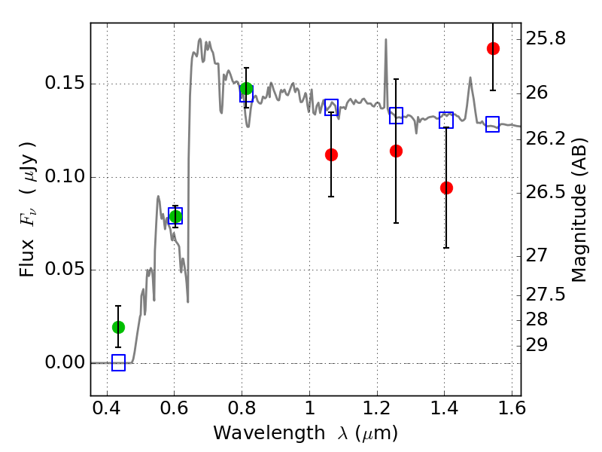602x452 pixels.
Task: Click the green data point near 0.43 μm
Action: [x=118, y=327]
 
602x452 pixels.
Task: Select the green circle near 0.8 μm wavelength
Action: [x=246, y=88]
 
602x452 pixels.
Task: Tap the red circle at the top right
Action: [x=493, y=48]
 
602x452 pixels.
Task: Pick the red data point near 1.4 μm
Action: [x=446, y=188]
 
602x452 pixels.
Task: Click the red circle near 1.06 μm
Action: [x=331, y=155]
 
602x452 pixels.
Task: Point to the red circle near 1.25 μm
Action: [x=397, y=151]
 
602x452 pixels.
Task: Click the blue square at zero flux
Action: [x=118, y=363]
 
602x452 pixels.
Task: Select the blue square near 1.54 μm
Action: [x=492, y=124]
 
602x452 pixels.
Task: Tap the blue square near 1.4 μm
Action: [x=446, y=121]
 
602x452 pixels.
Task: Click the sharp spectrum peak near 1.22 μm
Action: [x=386, y=39]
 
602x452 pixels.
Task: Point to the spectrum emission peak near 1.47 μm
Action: [x=470, y=78]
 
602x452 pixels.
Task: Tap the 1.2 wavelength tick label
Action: [x=377, y=408]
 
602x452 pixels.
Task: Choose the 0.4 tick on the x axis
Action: [x=107, y=408]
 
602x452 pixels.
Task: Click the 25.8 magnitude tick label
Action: [x=546, y=39]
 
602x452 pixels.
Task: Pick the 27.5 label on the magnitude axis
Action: [x=546, y=295]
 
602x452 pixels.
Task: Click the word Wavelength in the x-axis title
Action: [x=269, y=433]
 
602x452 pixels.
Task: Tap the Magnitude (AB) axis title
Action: [x=579, y=210]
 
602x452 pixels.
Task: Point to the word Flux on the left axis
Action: [x=26, y=258]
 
